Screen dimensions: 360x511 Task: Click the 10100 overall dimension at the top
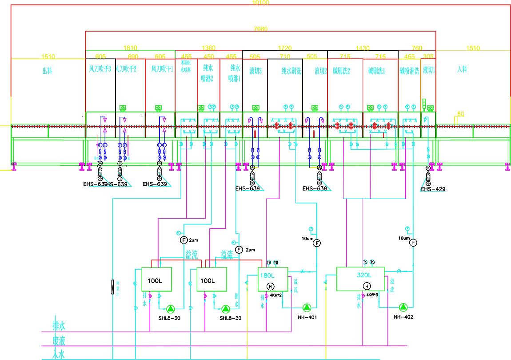pos(260,3)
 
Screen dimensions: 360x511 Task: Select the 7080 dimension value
pos(260,29)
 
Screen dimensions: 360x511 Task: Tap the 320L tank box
pos(360,279)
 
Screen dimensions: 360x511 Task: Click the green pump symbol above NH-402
pos(403,307)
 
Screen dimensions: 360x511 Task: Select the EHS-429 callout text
pos(433,189)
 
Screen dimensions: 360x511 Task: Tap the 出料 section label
pos(47,70)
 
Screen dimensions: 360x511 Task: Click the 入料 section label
pos(462,70)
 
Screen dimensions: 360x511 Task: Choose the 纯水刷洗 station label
pos(285,70)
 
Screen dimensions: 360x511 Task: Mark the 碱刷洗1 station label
pos(380,70)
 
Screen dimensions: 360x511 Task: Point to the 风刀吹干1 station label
pos(160,70)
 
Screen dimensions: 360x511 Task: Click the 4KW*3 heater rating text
pos(372,295)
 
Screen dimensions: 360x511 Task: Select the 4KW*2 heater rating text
pos(276,295)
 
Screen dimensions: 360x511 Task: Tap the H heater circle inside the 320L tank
pos(366,286)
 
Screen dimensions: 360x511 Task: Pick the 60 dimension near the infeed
pos(461,114)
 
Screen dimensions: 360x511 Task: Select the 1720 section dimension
pos(285,48)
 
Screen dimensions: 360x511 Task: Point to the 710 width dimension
pos(285,56)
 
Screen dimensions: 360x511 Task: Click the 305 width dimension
pos(428,56)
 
